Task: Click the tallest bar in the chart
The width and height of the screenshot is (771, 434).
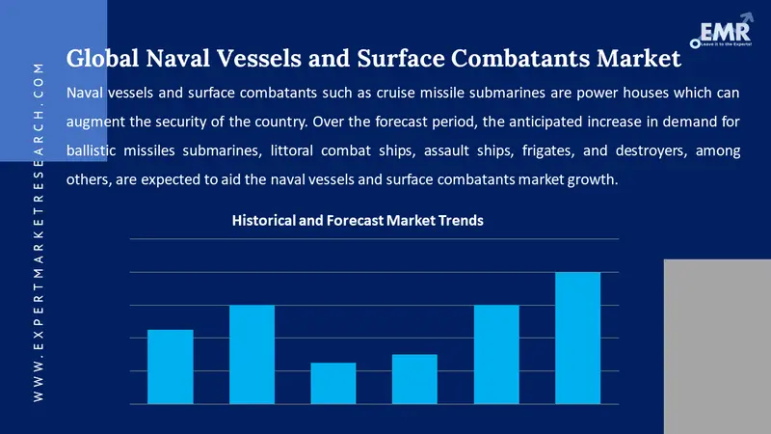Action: pyautogui.click(x=578, y=338)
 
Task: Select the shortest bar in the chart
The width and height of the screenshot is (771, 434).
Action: pyautogui.click(x=333, y=383)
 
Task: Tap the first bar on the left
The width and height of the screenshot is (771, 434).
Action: pyautogui.click(x=170, y=366)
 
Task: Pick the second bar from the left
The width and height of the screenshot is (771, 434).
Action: pyautogui.click(x=252, y=354)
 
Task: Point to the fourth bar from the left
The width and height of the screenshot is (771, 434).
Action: pyautogui.click(x=414, y=379)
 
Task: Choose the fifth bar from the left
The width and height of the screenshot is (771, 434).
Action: pyautogui.click(x=496, y=354)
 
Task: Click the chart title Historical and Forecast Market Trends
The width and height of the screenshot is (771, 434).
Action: pyautogui.click(x=358, y=221)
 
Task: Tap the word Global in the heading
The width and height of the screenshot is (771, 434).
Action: pyautogui.click(x=103, y=60)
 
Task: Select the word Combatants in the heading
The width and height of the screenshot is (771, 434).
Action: pyautogui.click(x=515, y=60)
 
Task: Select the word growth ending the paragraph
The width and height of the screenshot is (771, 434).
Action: pyautogui.click(x=592, y=180)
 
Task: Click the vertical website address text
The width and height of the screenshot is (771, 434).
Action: pyautogui.click(x=38, y=231)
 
